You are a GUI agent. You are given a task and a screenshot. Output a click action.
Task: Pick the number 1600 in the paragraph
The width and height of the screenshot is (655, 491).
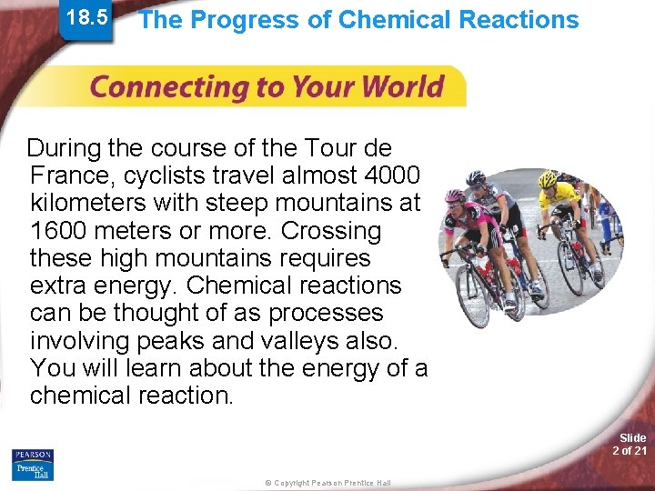(x=58, y=230)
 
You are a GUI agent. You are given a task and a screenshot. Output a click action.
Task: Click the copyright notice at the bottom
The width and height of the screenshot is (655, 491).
(x=327, y=483)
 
